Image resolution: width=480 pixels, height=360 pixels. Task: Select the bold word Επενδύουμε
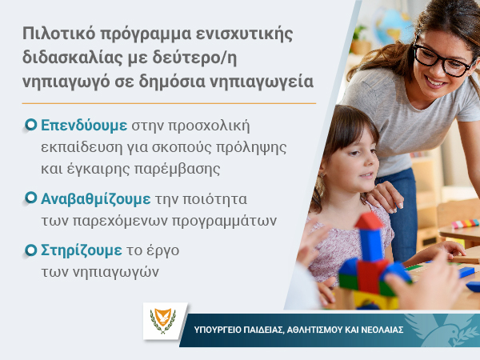[84, 126]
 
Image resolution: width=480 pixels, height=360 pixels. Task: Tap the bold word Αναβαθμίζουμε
[96, 199]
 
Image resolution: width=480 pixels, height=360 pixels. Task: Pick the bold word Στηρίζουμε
[82, 250]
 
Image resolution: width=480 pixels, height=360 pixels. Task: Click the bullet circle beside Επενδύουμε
[30, 124]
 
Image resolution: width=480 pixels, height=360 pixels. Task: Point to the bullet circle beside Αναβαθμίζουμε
[30, 198]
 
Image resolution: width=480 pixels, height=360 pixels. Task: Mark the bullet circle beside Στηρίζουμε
[30, 250]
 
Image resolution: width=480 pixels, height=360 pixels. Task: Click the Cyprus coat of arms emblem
[163, 321]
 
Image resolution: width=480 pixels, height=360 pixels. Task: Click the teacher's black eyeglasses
[443, 60]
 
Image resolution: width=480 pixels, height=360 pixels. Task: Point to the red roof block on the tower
[369, 221]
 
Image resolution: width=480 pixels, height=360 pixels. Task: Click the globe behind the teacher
[392, 26]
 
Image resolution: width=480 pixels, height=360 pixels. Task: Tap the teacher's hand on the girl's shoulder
[385, 197]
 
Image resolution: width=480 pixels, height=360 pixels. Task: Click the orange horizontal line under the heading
[169, 103]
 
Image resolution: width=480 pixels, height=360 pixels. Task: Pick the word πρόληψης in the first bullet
[251, 148]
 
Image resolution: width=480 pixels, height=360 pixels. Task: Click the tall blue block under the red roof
[371, 245]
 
